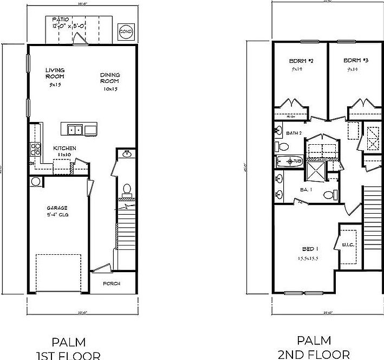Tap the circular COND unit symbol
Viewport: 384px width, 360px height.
[x=125, y=32]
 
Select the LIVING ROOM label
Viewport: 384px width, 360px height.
[x=55, y=73]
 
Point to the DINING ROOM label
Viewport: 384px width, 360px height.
[x=110, y=78]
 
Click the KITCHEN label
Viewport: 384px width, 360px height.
[x=64, y=148]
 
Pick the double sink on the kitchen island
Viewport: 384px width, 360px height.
[x=75, y=129]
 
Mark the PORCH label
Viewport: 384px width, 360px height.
[x=112, y=284]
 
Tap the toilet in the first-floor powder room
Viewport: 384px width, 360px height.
[x=128, y=189]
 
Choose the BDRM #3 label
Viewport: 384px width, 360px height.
[x=356, y=61]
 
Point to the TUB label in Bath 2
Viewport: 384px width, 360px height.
[x=297, y=161]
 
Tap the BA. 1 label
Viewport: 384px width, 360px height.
[x=305, y=189]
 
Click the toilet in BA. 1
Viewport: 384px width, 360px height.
[x=328, y=195]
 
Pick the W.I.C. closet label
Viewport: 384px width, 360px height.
[x=347, y=245]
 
